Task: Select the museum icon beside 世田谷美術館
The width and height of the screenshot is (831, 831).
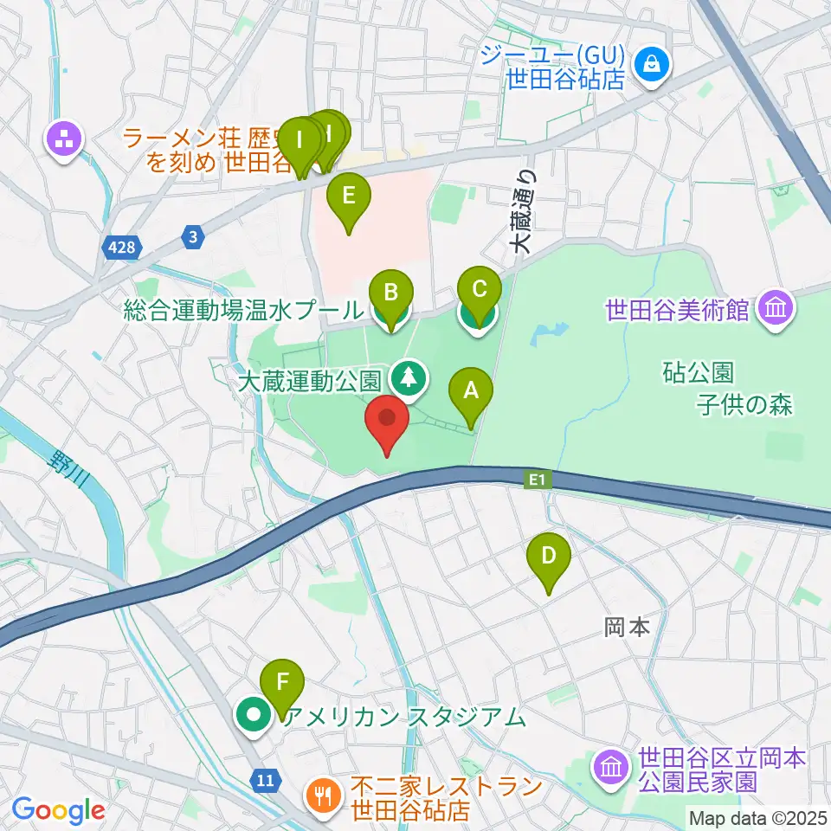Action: point(774,307)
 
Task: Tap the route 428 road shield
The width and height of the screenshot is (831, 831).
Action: point(123,248)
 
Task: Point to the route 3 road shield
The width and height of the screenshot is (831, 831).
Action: point(192,235)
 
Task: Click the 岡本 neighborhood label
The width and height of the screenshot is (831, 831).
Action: point(627,627)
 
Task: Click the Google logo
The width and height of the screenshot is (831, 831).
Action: point(58,810)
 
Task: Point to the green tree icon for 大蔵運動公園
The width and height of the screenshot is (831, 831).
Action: point(408,377)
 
